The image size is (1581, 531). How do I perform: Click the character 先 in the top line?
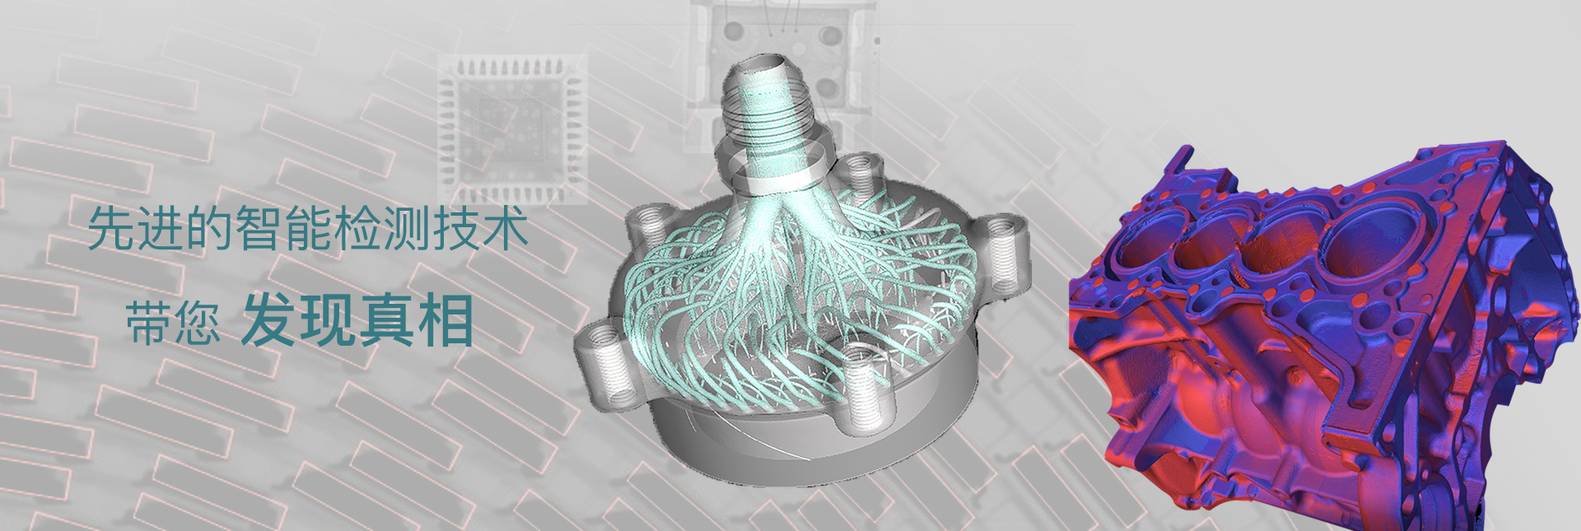pos(112,228)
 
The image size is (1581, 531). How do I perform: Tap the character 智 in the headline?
pos(259,228)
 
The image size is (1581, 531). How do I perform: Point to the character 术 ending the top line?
pos(506,228)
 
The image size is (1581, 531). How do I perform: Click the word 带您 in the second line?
pos(173,322)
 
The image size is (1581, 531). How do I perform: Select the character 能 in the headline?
pos(309,228)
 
